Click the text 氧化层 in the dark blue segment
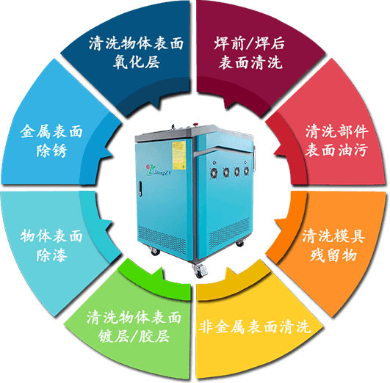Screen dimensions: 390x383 click(x=137, y=62)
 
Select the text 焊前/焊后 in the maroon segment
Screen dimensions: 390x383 click(x=250, y=43)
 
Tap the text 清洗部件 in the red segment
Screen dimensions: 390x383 click(x=337, y=131)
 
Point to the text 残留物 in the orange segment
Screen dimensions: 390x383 click(x=333, y=255)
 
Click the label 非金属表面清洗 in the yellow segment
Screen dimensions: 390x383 click(x=255, y=327)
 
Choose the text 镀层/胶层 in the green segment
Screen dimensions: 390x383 click(x=134, y=336)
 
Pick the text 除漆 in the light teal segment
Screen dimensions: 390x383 click(x=52, y=255)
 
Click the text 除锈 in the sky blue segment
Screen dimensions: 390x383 click(x=52, y=150)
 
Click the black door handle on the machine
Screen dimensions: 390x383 click(x=140, y=189)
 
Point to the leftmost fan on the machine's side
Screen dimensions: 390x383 click(x=214, y=172)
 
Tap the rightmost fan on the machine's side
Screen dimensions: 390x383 click(x=246, y=171)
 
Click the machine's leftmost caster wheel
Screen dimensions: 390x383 click(x=155, y=251)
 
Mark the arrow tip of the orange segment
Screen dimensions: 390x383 click(x=275, y=220)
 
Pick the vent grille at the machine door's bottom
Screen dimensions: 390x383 click(x=162, y=238)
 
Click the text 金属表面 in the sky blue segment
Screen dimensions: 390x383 click(x=51, y=131)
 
